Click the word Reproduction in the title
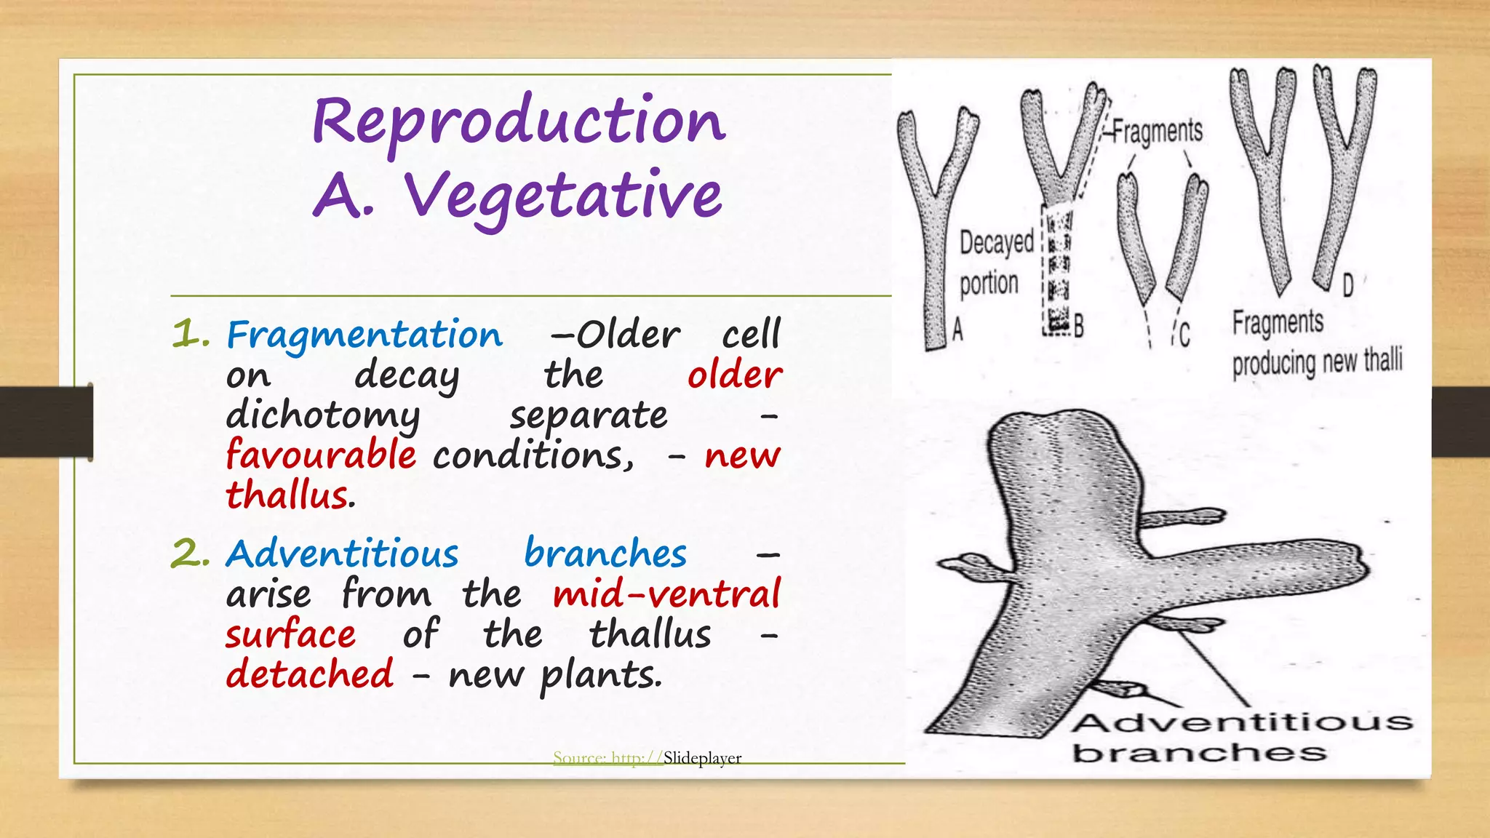click(519, 122)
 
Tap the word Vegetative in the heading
click(563, 196)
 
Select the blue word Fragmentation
click(364, 335)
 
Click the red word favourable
click(321, 455)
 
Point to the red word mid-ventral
click(666, 594)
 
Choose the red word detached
click(310, 674)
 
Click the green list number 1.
click(190, 335)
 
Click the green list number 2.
click(190, 554)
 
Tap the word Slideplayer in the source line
click(702, 758)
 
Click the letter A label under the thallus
click(957, 330)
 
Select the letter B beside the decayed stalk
click(1079, 326)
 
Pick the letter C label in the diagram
click(1184, 335)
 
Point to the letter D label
click(1347, 285)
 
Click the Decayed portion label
click(995, 263)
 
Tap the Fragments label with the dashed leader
click(1158, 132)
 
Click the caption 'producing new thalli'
click(1317, 362)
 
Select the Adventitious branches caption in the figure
click(1240, 737)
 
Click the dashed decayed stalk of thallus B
click(1056, 269)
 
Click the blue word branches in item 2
click(605, 554)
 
